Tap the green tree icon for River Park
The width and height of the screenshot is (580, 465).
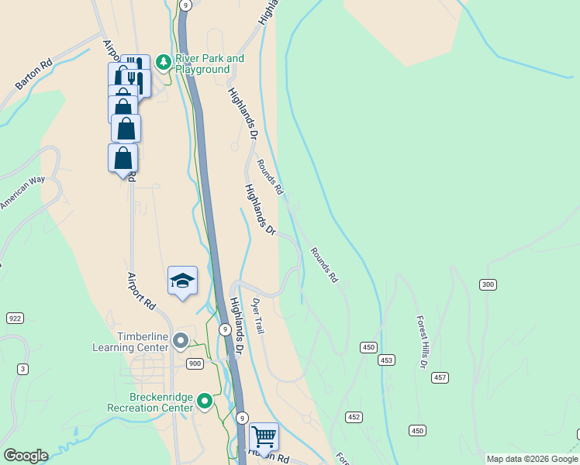[163, 61]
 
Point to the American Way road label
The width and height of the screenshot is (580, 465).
[22, 193]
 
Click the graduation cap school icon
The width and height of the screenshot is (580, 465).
[182, 281]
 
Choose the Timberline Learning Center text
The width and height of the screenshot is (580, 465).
[142, 342]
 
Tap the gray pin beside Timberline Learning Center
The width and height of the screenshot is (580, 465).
[181, 340]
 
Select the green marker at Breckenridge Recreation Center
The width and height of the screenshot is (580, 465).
[205, 401]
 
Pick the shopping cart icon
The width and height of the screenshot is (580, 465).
[264, 437]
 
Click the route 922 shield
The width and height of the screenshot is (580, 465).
[15, 319]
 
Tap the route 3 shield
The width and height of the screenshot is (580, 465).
[23, 369]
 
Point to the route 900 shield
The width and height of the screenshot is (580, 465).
[194, 363]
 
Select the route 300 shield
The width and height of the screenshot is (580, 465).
[487, 284]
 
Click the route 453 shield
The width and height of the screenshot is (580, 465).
[386, 360]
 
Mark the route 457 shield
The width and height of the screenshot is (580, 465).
[440, 377]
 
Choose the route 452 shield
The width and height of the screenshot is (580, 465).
[354, 417]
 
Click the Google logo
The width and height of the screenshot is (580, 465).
[26, 456]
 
